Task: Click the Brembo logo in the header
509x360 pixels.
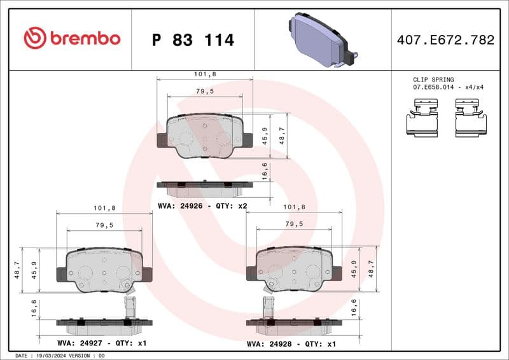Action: click(x=72, y=39)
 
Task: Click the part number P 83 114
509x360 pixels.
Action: click(x=193, y=40)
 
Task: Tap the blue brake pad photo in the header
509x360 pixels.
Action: click(x=324, y=40)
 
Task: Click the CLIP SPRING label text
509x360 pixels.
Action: click(x=433, y=80)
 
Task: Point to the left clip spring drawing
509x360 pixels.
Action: click(x=423, y=120)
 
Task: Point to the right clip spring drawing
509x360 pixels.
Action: click(x=471, y=120)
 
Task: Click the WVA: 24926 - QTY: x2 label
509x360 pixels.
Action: click(x=202, y=205)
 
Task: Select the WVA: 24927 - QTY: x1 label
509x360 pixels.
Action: click(x=102, y=344)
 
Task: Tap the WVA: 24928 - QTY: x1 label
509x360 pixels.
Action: click(x=291, y=344)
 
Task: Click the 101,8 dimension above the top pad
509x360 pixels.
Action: click(x=204, y=74)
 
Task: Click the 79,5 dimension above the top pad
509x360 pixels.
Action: click(x=204, y=91)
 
